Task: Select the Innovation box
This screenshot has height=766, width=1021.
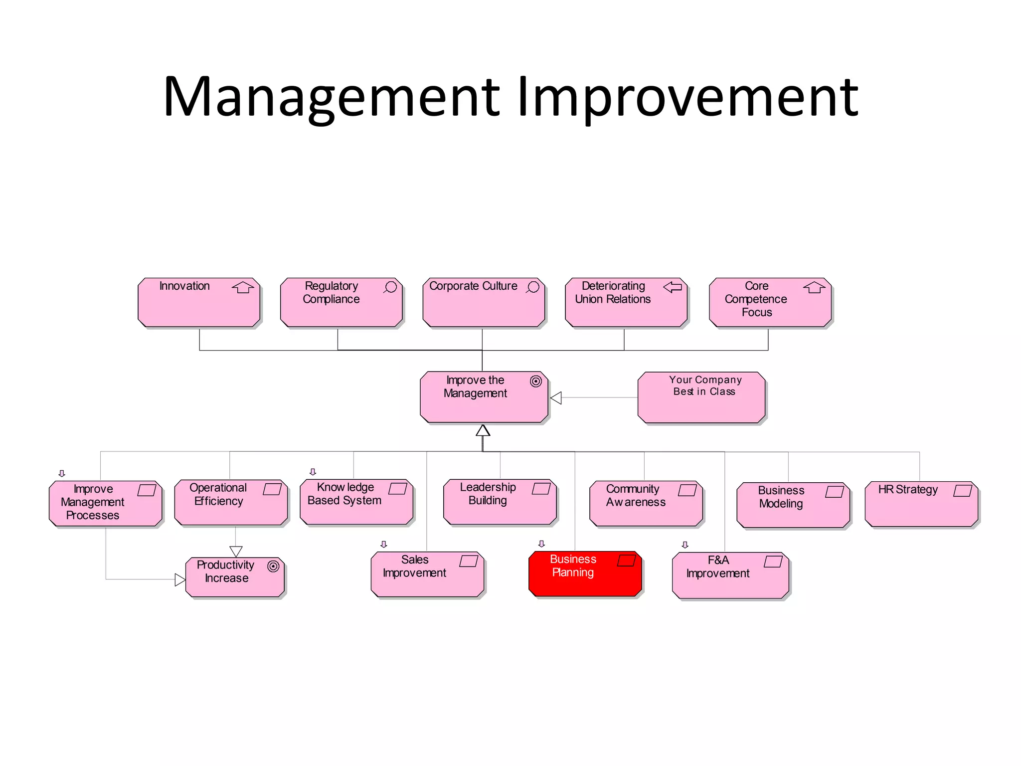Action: point(199,303)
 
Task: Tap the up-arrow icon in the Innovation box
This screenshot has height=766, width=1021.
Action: point(243,287)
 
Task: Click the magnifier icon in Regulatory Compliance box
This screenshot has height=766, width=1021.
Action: point(390,287)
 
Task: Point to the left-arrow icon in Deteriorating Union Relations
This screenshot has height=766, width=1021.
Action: point(673,287)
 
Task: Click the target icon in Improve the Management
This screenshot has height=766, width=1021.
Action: point(535,382)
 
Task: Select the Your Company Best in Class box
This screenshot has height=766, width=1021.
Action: point(701,397)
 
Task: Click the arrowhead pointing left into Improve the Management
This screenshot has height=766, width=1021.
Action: point(556,397)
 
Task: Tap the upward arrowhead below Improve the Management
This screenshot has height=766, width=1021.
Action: point(483,431)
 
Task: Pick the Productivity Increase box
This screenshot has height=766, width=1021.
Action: point(235,577)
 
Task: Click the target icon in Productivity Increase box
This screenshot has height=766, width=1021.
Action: point(273,567)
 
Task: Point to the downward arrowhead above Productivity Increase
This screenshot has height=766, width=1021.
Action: point(236,551)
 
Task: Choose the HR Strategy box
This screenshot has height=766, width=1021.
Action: point(921,504)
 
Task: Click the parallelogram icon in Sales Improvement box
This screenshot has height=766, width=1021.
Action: point(469,561)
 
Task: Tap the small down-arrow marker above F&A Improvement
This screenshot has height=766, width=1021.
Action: point(685,545)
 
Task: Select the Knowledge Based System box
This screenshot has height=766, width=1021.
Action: point(356,502)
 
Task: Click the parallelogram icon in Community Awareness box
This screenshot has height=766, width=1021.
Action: point(687,490)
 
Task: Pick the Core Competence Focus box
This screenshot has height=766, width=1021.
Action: point(770,303)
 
